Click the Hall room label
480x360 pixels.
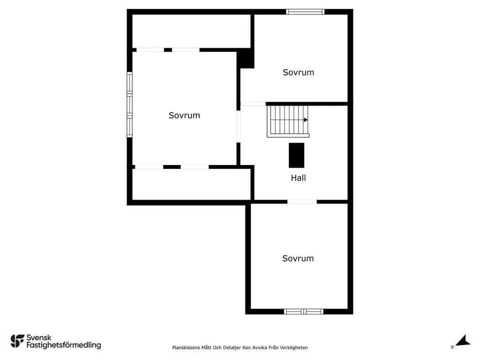pos(298,178)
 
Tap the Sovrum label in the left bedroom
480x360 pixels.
pos(184,115)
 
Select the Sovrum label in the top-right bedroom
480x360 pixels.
pos(299,73)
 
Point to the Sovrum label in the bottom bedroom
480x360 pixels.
pos(298,258)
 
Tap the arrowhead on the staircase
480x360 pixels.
pos(306,120)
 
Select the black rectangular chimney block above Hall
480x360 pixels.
pos(297,155)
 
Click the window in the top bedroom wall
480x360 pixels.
pos(305,12)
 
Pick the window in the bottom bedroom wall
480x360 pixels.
pos(304,312)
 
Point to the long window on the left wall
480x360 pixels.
pos(129,105)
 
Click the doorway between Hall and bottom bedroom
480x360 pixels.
pos(302,202)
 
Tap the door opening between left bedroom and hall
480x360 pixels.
pos(239,127)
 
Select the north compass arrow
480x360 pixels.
pos(463,341)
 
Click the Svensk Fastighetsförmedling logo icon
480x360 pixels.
pos(17,341)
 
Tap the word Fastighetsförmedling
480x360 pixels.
pos(64,345)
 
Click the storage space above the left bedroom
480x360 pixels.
pos(191,31)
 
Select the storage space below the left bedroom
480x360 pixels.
pos(191,184)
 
